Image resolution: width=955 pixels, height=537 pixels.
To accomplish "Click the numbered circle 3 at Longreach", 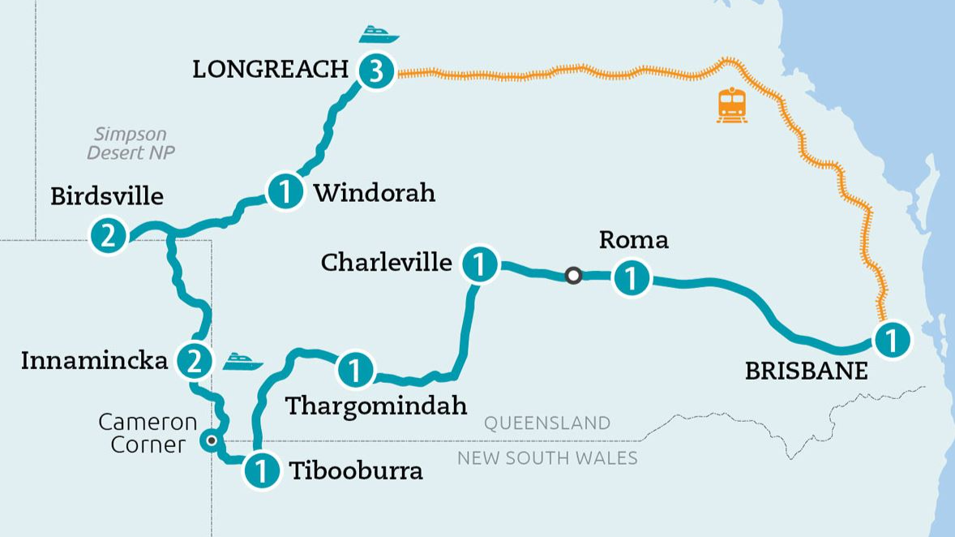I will click(x=375, y=72).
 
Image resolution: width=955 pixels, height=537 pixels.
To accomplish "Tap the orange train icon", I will click(x=732, y=105).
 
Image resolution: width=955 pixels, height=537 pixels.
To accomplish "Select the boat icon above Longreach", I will click(x=379, y=35).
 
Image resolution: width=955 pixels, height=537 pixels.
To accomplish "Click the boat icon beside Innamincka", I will click(x=243, y=360).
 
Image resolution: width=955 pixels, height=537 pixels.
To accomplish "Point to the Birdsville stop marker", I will click(x=109, y=235).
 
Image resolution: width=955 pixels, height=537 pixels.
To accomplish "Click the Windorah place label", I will click(x=374, y=193).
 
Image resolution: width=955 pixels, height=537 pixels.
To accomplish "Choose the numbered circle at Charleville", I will click(x=480, y=264).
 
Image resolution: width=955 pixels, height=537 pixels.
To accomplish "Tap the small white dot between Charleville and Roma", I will click(x=573, y=276).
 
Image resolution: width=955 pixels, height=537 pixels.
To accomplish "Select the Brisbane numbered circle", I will click(x=891, y=339).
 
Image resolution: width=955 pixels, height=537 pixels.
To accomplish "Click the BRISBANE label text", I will click(x=806, y=372).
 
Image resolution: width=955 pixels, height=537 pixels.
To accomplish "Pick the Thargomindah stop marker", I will click(x=355, y=370).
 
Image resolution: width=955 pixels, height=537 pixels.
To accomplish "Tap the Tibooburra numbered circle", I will click(x=261, y=470).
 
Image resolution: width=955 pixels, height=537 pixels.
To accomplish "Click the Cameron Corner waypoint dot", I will click(x=212, y=441).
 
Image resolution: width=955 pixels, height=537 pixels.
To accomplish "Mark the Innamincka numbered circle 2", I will click(x=193, y=360).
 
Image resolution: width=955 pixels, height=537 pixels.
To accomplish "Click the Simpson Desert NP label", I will click(x=131, y=143).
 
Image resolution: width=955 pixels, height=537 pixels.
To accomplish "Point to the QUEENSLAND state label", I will click(x=546, y=423).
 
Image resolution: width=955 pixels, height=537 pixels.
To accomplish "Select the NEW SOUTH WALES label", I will click(x=547, y=458).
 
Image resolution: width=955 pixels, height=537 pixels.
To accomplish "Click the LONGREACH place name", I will click(x=270, y=70).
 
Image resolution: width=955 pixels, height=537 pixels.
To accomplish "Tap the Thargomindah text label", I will click(x=376, y=405).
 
